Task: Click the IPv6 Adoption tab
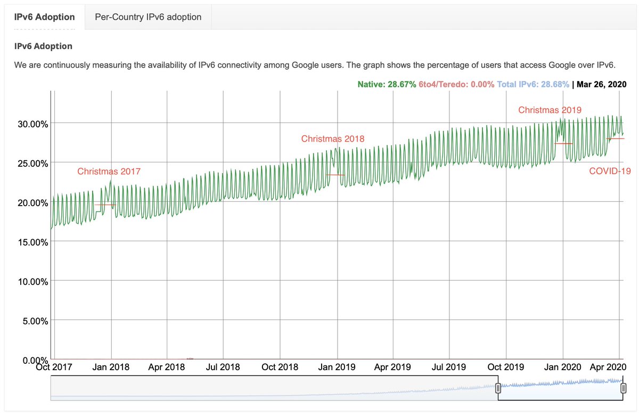click(x=44, y=17)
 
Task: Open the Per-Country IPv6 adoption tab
click(x=148, y=17)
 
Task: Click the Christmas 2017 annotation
click(x=109, y=171)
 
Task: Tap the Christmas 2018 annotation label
click(x=333, y=138)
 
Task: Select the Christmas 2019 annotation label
click(x=550, y=110)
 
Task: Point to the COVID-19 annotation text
click(x=609, y=171)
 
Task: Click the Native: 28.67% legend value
click(x=387, y=84)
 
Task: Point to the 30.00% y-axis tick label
click(x=31, y=124)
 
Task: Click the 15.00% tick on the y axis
click(x=31, y=242)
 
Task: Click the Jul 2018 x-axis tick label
click(x=223, y=367)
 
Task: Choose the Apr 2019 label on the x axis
click(x=392, y=367)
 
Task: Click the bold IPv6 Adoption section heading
click(x=43, y=46)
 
